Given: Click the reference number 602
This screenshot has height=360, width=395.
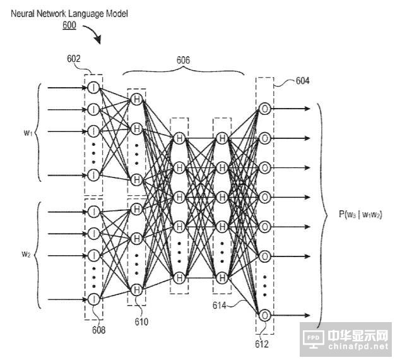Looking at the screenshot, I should coord(74,59).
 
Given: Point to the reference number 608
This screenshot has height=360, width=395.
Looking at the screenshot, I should coord(98,329).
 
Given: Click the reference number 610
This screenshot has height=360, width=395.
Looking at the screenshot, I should coord(141,322).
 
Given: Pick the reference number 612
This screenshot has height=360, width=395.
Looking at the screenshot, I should coord(261,344).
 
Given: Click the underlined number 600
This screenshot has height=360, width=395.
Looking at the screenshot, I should coord(69,25).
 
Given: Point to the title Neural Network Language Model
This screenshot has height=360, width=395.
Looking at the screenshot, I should coord(69,14).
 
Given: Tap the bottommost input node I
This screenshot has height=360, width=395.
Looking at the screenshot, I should coord(94,299).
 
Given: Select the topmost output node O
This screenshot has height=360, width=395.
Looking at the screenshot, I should coord(265,108).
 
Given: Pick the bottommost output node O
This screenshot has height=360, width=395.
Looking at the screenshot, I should coord(265,315).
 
